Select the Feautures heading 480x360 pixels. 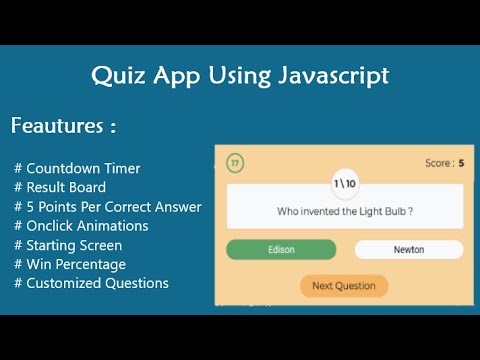click(x=63, y=127)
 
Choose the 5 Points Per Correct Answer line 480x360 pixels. click(x=108, y=207)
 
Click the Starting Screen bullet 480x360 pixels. click(x=68, y=245)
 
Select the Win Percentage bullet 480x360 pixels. click(x=70, y=264)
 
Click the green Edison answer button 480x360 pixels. click(x=281, y=250)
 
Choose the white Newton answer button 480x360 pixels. click(x=408, y=250)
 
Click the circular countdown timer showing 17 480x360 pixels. click(x=235, y=163)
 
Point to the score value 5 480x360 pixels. click(x=461, y=163)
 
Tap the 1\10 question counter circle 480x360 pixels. click(x=344, y=184)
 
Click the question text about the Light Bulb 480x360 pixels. click(x=344, y=211)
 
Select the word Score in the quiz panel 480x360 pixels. click(x=438, y=163)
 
